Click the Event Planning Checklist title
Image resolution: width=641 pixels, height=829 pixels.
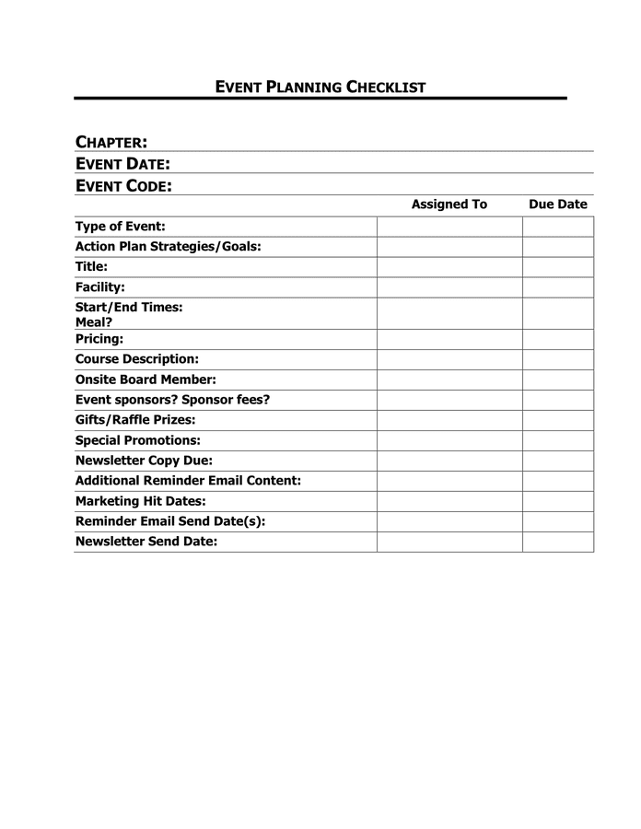point(320,88)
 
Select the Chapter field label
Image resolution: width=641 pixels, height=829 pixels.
point(111,142)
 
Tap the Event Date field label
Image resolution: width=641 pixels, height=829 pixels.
point(122,164)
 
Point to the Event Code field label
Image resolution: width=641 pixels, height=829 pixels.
point(123,186)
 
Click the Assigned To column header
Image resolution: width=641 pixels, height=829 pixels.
point(449,204)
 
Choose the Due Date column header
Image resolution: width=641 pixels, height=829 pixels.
point(557,204)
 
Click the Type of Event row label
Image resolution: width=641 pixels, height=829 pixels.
point(121,227)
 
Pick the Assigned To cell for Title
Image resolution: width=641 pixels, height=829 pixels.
point(449,267)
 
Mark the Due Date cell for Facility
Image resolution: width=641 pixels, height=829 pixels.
point(558,287)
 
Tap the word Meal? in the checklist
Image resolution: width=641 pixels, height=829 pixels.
point(94,322)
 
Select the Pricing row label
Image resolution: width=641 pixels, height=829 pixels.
point(99,339)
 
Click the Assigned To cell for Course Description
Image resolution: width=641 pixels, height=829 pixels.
point(449,359)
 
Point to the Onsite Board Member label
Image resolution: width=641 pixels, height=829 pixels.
point(146,379)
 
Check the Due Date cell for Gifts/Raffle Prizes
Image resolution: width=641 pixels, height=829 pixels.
point(558,420)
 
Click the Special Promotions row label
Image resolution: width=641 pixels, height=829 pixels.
point(138,440)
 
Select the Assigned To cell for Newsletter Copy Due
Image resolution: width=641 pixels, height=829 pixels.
point(449,461)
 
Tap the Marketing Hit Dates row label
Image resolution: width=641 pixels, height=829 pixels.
point(140,501)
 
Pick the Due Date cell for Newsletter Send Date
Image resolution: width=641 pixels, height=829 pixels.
point(558,542)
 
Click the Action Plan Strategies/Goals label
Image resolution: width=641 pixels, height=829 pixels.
point(169,247)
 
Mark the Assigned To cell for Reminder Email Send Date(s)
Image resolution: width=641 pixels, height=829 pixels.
point(449,521)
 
